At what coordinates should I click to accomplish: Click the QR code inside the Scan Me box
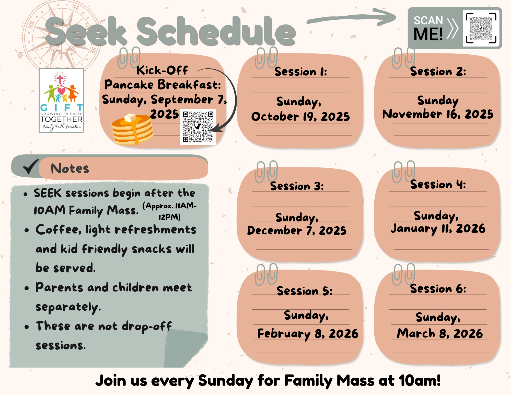point(481,28)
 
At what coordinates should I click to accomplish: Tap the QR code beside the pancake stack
point(198,127)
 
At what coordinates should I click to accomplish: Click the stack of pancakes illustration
point(132,129)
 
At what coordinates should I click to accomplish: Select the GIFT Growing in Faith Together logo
point(61,100)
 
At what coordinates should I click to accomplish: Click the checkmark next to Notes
point(31,166)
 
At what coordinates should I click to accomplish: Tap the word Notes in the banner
point(70,168)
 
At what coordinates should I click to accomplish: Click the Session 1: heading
point(301,72)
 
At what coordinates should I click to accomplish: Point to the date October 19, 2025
point(300,117)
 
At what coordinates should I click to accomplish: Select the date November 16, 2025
point(438,114)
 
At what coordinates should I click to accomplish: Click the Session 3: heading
point(297,186)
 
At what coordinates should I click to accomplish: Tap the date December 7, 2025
point(297,230)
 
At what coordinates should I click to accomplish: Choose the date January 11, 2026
point(438,229)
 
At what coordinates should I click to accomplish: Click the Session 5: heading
point(305,291)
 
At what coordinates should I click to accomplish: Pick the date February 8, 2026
point(308,334)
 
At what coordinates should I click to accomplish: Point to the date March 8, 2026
point(440,333)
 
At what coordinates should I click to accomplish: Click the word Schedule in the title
point(216,31)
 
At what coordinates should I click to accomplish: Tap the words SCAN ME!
point(428,28)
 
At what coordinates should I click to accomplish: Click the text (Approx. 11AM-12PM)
point(169,211)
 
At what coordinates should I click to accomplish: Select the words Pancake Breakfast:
point(162,85)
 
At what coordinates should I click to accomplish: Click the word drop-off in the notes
point(147,326)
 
